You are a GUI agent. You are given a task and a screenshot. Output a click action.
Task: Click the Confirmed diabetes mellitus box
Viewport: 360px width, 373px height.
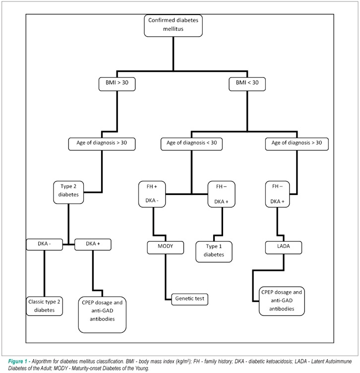(x=173, y=25)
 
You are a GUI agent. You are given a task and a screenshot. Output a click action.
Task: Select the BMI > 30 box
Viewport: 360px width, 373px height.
(x=117, y=84)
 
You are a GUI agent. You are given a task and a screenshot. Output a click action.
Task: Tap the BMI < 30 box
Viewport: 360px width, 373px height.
(x=247, y=84)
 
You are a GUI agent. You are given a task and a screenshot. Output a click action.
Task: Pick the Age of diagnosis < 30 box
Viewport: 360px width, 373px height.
(x=191, y=144)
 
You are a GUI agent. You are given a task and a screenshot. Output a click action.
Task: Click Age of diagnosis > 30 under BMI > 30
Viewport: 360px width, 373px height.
(x=102, y=144)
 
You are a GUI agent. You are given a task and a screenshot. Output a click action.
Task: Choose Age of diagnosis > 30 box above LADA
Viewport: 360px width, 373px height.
(x=297, y=144)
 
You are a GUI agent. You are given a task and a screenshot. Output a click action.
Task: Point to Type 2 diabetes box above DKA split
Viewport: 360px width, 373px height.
(x=68, y=192)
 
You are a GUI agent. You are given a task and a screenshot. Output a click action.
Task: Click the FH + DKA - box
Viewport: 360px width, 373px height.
(x=152, y=194)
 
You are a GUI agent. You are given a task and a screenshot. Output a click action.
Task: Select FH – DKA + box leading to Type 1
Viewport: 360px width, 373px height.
(x=221, y=194)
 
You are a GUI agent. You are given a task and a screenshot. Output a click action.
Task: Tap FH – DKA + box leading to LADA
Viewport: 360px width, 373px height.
(x=277, y=194)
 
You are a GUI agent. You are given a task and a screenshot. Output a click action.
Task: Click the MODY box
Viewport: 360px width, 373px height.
(x=166, y=248)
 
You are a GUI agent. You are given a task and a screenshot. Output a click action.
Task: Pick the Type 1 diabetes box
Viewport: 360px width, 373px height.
(x=214, y=251)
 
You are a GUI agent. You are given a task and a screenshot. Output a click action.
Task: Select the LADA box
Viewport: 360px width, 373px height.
(x=284, y=248)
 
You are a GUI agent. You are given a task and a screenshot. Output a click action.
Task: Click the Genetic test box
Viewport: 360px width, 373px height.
(x=190, y=299)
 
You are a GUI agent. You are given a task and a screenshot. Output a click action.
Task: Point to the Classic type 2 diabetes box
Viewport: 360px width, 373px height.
(x=44, y=306)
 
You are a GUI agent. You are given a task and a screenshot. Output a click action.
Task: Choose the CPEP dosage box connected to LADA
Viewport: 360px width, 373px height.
(x=282, y=301)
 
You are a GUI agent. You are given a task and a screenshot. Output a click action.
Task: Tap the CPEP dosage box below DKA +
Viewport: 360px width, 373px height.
(x=102, y=314)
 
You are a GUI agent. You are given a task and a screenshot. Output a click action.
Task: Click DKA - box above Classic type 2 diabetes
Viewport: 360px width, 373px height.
(x=44, y=245)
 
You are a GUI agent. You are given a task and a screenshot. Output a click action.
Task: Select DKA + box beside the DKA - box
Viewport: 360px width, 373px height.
(x=93, y=245)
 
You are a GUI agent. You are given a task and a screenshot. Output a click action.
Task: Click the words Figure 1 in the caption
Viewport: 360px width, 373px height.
(x=17, y=362)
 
